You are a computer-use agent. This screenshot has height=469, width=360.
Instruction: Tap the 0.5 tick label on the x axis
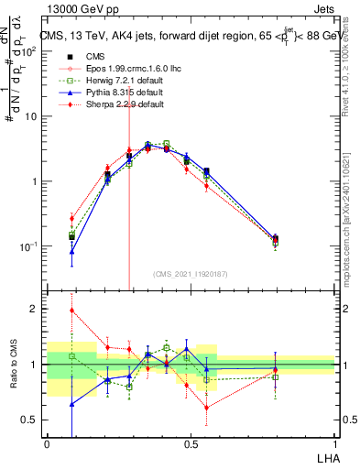tap(191, 443)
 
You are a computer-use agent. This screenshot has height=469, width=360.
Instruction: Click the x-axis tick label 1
tap(334, 443)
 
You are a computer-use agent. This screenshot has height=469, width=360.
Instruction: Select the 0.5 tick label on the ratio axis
tap(31, 420)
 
